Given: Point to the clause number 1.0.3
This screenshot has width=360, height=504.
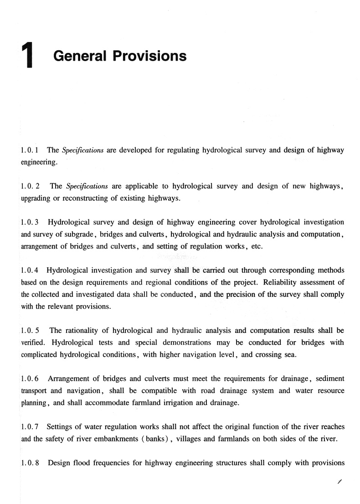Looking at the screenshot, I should coord(30,223).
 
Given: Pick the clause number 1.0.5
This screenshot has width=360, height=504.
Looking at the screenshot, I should coord(30,330).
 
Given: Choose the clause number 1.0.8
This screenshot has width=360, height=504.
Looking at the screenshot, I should coord(30,463).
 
